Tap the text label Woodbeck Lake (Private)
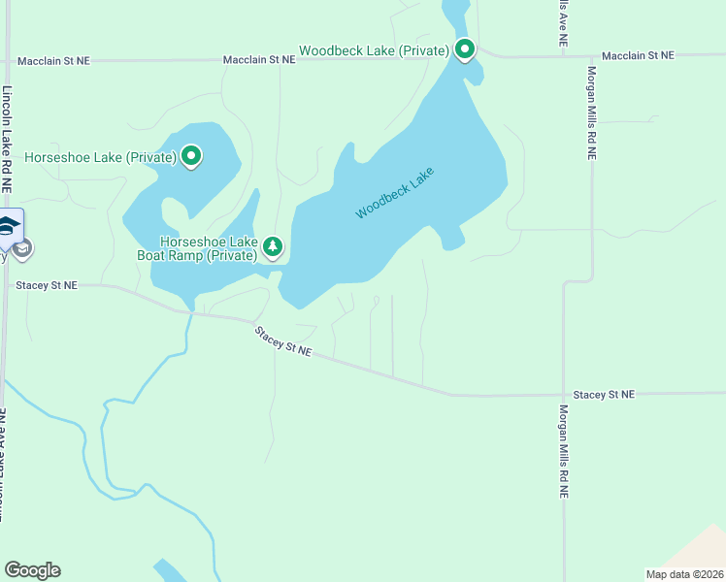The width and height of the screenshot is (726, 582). [374, 50]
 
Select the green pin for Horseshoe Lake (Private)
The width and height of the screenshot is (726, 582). [191, 156]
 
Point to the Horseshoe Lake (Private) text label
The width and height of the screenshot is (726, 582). [100, 157]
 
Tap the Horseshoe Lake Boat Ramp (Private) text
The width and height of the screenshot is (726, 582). [209, 248]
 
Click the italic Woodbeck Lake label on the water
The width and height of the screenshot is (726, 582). [394, 192]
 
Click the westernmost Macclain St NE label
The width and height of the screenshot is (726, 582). [53, 60]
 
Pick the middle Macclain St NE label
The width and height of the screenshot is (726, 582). [258, 60]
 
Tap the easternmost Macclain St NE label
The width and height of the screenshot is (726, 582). [638, 56]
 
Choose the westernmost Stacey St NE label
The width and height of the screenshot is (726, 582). [46, 286]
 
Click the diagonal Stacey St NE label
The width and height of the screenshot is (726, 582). [283, 341]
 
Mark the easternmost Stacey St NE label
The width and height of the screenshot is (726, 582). [603, 395]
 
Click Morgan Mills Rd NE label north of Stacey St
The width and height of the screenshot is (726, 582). [590, 113]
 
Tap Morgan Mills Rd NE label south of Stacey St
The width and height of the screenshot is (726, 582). [562, 451]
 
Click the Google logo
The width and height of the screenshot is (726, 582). [32, 570]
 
